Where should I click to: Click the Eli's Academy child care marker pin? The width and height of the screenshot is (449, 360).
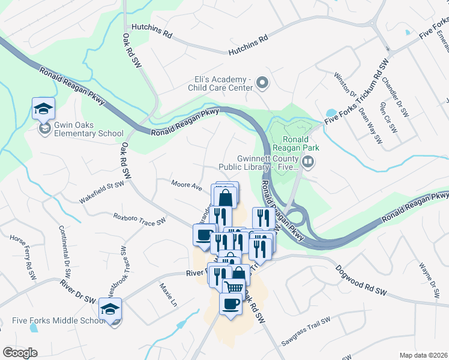tap(261, 82)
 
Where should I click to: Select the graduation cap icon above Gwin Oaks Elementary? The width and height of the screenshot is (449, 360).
tap(43, 109)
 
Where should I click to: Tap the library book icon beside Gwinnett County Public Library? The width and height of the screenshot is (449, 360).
tap(308, 161)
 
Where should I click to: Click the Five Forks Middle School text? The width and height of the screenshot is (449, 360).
tap(59, 320)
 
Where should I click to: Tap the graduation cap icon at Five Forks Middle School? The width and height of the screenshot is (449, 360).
tap(110, 309)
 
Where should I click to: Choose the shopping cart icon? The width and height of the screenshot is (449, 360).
tap(234, 288)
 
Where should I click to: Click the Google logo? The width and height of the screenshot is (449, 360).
tap(20, 352)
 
